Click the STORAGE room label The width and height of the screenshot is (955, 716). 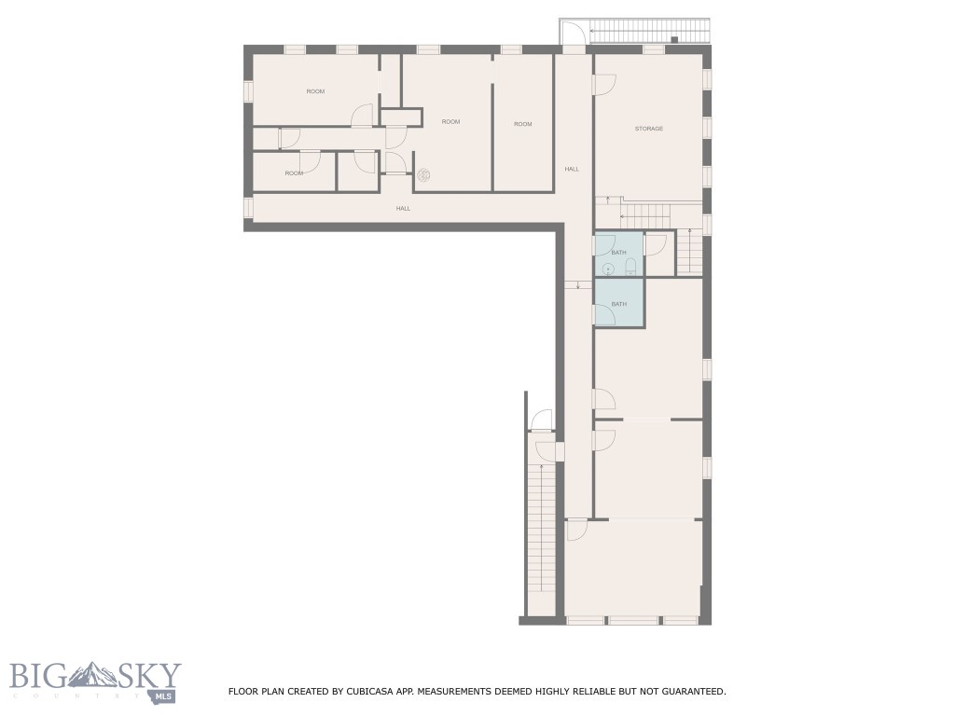(x=649, y=129)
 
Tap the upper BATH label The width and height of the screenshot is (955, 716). (x=618, y=253)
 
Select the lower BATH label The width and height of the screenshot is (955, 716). (x=618, y=304)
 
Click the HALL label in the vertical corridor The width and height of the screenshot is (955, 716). (x=572, y=169)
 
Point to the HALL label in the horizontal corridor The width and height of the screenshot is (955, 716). (x=403, y=208)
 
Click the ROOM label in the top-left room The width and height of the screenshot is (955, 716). (x=315, y=91)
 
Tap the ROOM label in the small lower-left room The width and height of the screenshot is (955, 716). (x=294, y=173)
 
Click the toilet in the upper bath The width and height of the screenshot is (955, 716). (x=630, y=266)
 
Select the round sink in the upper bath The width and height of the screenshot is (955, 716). (x=608, y=269)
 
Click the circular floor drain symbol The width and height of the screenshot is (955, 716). (x=423, y=174)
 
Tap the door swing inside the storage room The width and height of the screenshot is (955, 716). (x=604, y=85)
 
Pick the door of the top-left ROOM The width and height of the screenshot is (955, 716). (x=362, y=116)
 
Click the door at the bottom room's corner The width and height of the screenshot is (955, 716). (x=576, y=530)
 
